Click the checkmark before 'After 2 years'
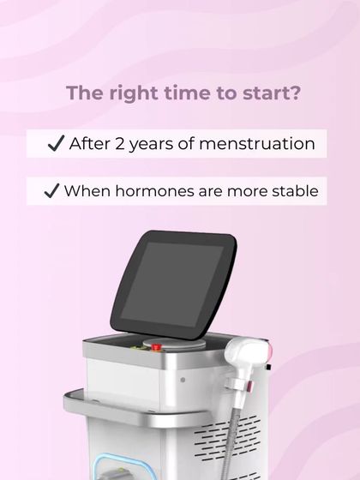(57, 143)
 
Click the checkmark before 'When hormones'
(51, 190)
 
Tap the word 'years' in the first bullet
(159, 143)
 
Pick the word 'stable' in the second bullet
(291, 190)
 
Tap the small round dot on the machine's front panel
(183, 377)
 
